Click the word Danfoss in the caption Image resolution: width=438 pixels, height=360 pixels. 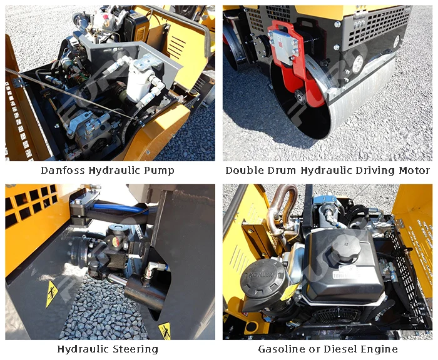[x=63, y=170]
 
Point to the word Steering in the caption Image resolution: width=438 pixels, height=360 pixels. [x=136, y=349]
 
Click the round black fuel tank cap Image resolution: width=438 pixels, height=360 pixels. [x=343, y=249]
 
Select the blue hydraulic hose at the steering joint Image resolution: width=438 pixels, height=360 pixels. [x=120, y=208]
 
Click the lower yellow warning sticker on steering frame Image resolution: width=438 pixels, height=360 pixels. [x=165, y=330]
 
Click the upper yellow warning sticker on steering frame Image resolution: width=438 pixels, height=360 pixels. [x=52, y=293]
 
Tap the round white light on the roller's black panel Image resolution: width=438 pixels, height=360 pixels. [x=357, y=64]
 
